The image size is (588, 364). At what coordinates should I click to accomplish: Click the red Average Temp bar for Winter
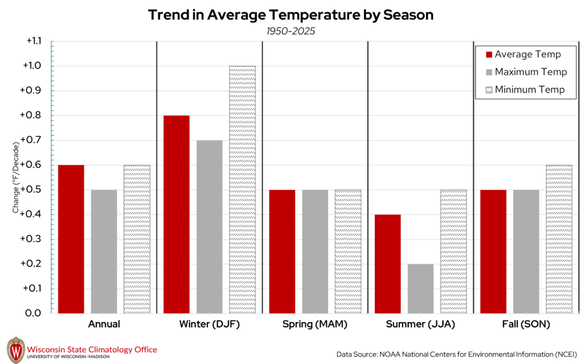pos(176,214)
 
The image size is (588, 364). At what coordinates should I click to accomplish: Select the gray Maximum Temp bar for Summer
pos(420,288)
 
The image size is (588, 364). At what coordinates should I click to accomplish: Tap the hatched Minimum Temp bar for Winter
pos(242,189)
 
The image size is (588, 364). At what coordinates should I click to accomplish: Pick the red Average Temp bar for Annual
pos(71,239)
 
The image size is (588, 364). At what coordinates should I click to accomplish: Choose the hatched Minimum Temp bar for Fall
pos(559,239)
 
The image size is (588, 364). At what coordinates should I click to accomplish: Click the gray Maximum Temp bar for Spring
pos(315,251)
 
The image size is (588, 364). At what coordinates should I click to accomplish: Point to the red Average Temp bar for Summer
pos(388,264)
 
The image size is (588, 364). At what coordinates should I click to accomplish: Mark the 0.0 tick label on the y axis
pos(36,313)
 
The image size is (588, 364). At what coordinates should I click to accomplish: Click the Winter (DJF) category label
pos(209,324)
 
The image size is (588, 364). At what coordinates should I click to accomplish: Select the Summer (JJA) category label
pos(420,324)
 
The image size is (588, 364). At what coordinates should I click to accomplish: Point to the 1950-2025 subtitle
pos(291,31)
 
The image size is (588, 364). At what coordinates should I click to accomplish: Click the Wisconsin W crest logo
pos(16,350)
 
